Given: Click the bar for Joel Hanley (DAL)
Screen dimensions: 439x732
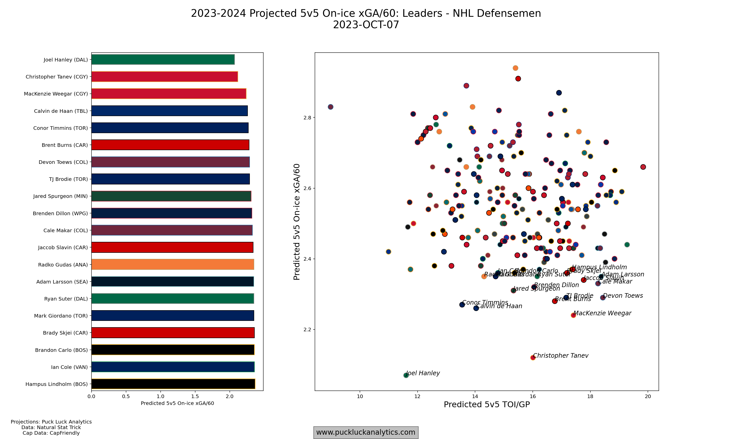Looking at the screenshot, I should pos(163,59).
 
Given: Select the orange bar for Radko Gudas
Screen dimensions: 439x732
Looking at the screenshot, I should pos(173,264).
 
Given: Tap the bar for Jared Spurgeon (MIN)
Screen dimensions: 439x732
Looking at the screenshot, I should pos(171,196).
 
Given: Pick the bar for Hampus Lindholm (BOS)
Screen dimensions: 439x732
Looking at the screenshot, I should pos(173,384).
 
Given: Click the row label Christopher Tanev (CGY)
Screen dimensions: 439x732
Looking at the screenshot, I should pos(56,77).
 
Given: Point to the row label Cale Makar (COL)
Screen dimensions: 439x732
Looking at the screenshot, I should pos(65,230).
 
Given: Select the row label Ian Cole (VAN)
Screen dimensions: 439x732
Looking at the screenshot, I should pos(69,367).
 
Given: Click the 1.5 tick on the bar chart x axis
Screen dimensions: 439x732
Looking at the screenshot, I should pos(195,396).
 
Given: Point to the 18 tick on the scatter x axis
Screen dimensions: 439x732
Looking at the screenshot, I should pos(590,396).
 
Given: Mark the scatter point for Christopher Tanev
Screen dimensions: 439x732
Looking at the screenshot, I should pos(533,358).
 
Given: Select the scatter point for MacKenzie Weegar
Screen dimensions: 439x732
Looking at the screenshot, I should pos(573,315).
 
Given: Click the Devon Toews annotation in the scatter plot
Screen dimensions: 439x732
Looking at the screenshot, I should pos(623,295).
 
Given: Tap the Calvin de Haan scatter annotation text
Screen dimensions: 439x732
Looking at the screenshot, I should pos(499,306).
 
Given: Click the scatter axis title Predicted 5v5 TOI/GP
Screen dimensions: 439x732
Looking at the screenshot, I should pos(487,405).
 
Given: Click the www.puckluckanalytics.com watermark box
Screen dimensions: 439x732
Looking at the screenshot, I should pos(366,432).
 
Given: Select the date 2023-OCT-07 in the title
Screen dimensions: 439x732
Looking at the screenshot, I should pos(366,25).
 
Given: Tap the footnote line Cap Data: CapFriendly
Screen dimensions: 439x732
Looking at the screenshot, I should pos(51,433).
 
